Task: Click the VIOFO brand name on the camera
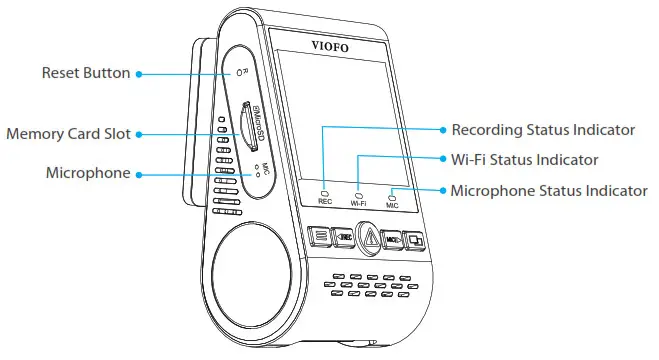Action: pyautogui.click(x=334, y=44)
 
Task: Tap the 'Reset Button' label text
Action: pyautogui.click(x=85, y=73)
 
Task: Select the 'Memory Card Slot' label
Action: pyautogui.click(x=69, y=133)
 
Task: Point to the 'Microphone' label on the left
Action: pyautogui.click(x=87, y=173)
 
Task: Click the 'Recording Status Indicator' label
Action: pyautogui.click(x=543, y=130)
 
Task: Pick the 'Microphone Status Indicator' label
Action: pyautogui.click(x=548, y=190)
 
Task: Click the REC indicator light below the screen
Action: pyautogui.click(x=325, y=191)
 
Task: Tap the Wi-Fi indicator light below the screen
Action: pyautogui.click(x=359, y=192)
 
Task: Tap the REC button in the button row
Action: pyautogui.click(x=343, y=238)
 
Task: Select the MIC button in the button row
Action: pyautogui.click(x=393, y=240)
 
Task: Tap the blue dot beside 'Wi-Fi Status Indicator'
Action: pyautogui.click(x=442, y=160)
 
